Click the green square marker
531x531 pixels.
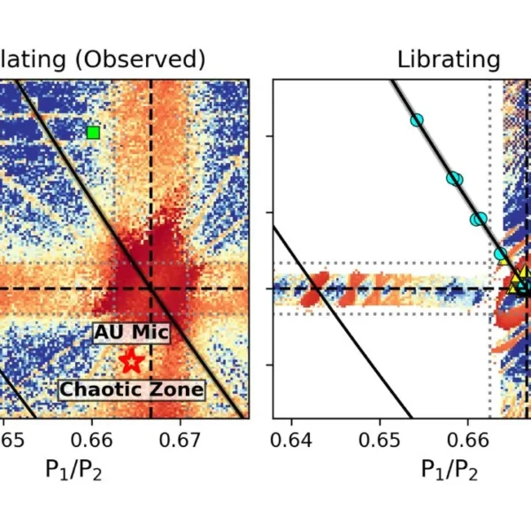point(93,133)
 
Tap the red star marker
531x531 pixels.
point(131,360)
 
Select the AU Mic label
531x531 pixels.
point(131,333)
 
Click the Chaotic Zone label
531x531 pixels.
point(132,389)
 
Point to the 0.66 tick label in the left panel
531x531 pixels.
point(92,440)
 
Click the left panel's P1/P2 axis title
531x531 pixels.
point(73,470)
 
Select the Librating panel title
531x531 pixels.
point(448,59)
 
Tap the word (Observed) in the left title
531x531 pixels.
point(150,59)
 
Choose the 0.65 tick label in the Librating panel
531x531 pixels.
point(381,440)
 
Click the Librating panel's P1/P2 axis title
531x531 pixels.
point(450,470)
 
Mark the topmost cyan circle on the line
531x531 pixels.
point(417,120)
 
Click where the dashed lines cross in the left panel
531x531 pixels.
point(151,289)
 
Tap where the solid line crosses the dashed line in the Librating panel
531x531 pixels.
point(320,289)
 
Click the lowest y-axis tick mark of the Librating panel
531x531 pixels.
point(270,365)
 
